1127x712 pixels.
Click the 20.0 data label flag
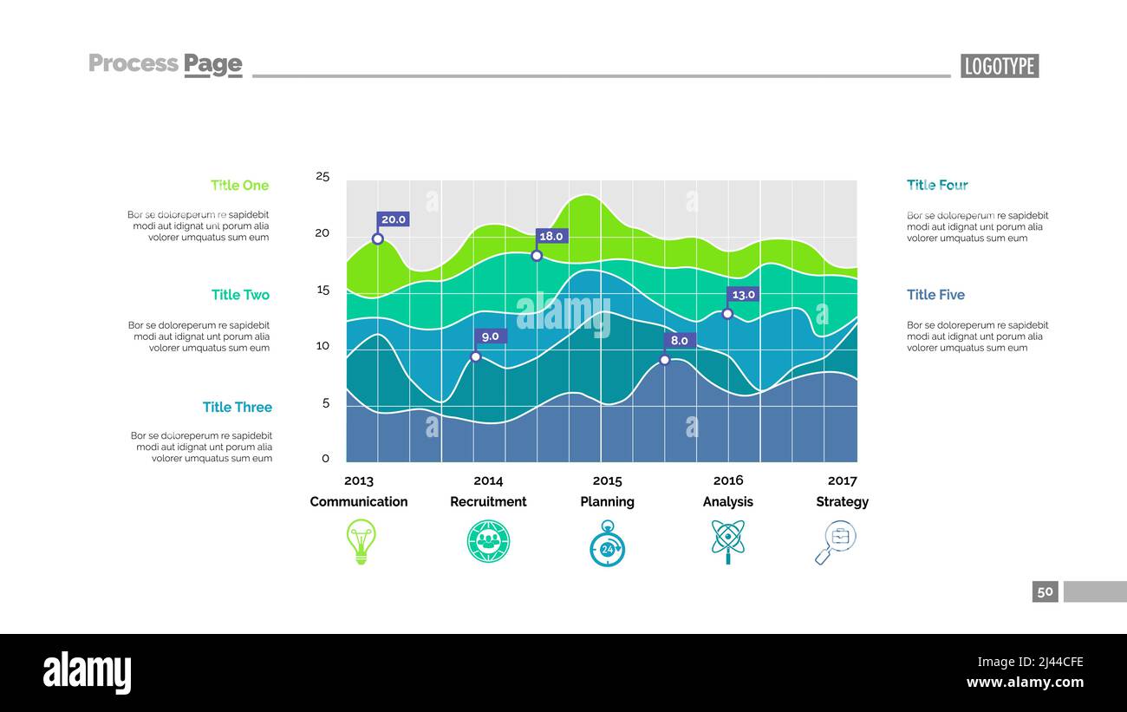[393, 219]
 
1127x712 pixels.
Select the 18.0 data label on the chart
[551, 236]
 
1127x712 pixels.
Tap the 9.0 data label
[491, 336]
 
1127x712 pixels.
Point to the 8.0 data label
[680, 341]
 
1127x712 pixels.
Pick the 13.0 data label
[743, 295]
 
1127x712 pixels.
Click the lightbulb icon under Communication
[361, 541]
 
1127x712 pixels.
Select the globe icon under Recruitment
[488, 541]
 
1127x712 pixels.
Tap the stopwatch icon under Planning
[607, 544]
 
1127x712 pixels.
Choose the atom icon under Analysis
[727, 541]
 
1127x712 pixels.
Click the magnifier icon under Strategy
[836, 541]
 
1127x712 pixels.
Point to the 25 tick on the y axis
[322, 176]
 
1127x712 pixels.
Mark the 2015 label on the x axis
[607, 480]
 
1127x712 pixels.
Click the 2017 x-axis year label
[842, 480]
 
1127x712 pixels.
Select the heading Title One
[239, 185]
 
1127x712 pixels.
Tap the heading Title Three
[237, 407]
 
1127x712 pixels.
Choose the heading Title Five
[935, 295]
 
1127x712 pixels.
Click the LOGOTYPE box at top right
[999, 66]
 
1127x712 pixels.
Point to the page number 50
[1045, 591]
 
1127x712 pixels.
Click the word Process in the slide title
[134, 63]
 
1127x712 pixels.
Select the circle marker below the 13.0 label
[727, 314]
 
